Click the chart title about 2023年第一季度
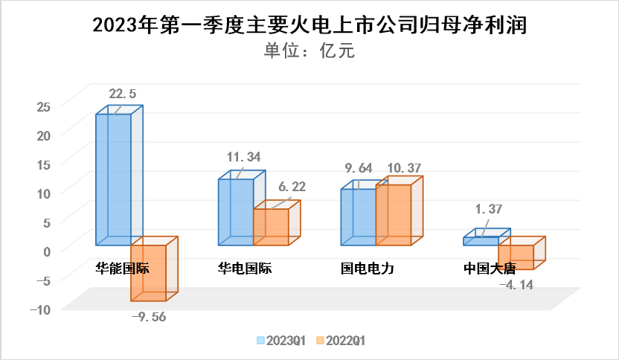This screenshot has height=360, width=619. pos(309,26)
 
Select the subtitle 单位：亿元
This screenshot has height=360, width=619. pos(309,51)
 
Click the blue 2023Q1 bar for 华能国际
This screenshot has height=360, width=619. pos(114,179)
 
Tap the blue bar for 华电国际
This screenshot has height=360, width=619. pos(235,212)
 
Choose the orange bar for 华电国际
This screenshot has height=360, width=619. pos(271,227)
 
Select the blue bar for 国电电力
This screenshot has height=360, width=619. pos(358,216)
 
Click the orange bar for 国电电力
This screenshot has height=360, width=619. pos(394,215)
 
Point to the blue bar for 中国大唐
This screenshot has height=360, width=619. pos(481,241)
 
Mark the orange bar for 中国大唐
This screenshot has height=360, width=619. pos(516,257)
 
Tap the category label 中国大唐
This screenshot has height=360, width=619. pos(489,269)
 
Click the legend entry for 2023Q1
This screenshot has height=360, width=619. pos(281,341)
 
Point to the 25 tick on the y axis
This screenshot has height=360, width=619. pos(42,106)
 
